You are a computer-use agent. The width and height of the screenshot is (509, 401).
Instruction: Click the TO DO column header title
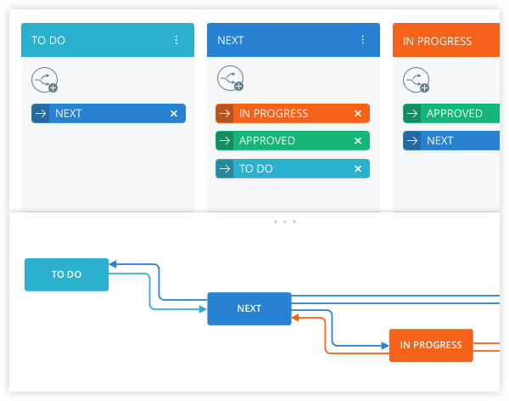[48, 40]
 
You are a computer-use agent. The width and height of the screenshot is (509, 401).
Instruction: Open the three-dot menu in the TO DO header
[176, 40]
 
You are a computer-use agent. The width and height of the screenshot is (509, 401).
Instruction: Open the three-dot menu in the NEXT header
[362, 40]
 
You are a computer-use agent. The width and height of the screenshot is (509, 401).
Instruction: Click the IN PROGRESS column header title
[437, 41]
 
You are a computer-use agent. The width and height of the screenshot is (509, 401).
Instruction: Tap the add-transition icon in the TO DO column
[45, 80]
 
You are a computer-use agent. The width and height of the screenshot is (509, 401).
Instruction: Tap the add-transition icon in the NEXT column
[231, 78]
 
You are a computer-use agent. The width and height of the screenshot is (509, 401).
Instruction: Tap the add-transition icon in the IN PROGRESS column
[417, 80]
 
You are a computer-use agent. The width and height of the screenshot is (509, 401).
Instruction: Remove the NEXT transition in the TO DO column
[174, 114]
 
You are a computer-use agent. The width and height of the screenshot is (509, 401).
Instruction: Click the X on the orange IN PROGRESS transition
[358, 114]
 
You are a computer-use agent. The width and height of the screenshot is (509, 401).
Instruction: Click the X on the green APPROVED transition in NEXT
[358, 140]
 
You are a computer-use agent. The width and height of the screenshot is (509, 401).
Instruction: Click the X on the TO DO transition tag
[358, 168]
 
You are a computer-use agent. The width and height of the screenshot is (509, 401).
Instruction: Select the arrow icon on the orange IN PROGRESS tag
[225, 114]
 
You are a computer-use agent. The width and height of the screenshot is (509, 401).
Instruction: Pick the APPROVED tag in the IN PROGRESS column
[451, 113]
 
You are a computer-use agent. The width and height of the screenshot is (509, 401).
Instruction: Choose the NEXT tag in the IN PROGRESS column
[451, 140]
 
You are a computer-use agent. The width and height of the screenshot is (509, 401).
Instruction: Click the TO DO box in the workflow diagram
[66, 274]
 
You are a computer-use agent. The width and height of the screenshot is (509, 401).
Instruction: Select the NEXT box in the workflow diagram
[249, 308]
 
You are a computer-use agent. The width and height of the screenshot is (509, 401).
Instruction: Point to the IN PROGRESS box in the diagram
[431, 345]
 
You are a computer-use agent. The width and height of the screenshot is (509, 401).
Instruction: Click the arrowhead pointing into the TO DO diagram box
[113, 264]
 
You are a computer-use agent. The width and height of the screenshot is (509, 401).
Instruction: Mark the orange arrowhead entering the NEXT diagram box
[295, 318]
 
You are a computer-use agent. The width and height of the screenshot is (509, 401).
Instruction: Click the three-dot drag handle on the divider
[285, 222]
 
